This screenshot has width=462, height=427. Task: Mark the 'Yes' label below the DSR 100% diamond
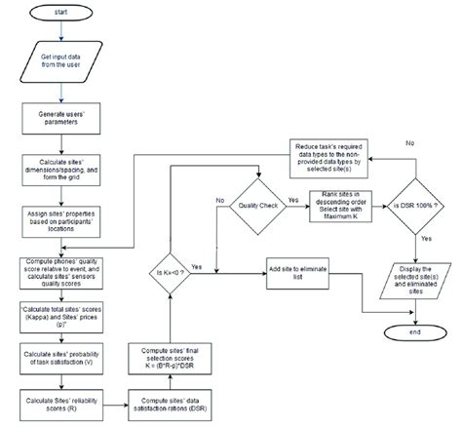426,237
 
